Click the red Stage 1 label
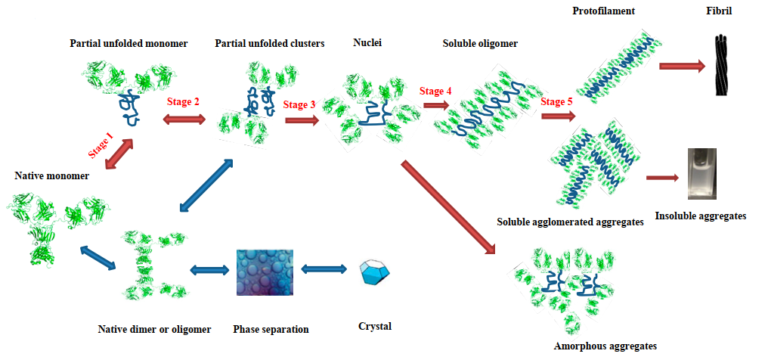[101, 144]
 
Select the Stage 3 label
[299, 105]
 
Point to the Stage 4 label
[436, 91]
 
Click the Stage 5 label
[557, 101]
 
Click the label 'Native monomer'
[51, 175]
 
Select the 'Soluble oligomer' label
[480, 44]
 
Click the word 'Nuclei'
[367, 42]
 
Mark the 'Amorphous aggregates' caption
[605, 346]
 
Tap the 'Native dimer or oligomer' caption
[154, 329]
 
